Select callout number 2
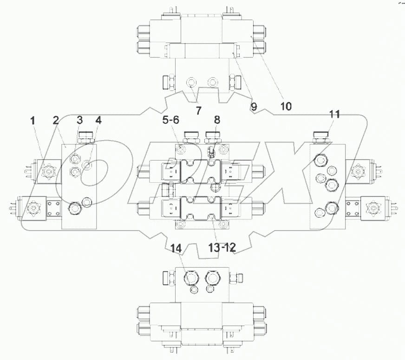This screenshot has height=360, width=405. (55, 120)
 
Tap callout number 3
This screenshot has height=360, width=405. (79, 120)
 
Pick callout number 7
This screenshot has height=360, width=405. (198, 111)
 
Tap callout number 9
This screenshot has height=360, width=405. (254, 106)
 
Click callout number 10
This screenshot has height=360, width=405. (286, 106)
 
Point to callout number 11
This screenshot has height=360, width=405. (334, 114)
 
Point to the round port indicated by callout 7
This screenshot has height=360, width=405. (191, 84)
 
